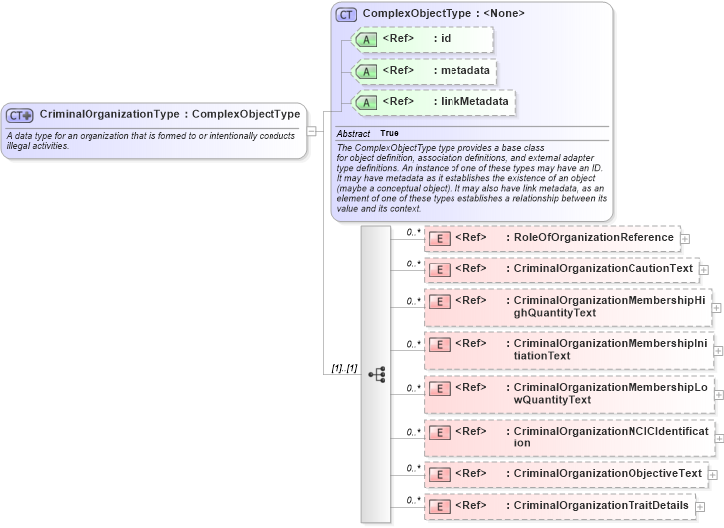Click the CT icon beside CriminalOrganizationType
coord(20,115)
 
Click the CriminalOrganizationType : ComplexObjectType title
coord(169,114)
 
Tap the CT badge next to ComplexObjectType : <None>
coord(346,14)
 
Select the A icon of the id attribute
coord(365,39)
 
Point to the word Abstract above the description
coord(353,133)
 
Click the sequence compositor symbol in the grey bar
coord(376,374)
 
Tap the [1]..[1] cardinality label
coord(345,369)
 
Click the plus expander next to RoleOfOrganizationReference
coord(685,239)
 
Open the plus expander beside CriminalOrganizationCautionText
coord(703,269)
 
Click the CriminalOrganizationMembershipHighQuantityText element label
coord(609,306)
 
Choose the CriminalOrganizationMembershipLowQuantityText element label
coord(609,393)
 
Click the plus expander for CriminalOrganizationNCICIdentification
coord(718,437)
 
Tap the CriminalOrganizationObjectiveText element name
coord(608,473)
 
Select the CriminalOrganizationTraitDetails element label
coord(601,505)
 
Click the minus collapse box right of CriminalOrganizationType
coord(311,130)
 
